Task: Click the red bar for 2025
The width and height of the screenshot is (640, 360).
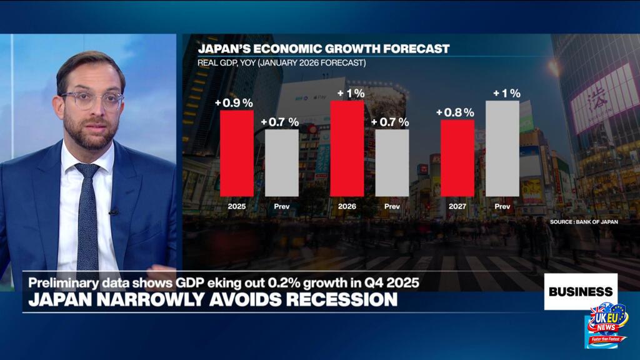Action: pyautogui.click(x=236, y=152)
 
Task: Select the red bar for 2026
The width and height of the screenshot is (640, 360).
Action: pyautogui.click(x=347, y=148)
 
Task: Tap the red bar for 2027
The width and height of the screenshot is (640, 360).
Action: pyautogui.click(x=457, y=157)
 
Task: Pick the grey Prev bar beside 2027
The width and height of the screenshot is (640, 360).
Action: pyautogui.click(x=502, y=148)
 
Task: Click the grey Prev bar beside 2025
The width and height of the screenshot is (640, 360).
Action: pyautogui.click(x=282, y=162)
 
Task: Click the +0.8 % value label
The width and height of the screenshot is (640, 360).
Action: pyautogui.click(x=456, y=112)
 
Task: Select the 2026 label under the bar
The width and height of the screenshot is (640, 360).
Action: pyautogui.click(x=346, y=206)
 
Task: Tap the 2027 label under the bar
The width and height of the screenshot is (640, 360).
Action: pyautogui.click(x=457, y=206)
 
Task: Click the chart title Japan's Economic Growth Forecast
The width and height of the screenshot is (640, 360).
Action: pyautogui.click(x=324, y=49)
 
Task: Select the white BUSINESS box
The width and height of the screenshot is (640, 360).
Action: pyautogui.click(x=580, y=291)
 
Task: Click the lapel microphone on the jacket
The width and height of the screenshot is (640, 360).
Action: pyautogui.click(x=113, y=212)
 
